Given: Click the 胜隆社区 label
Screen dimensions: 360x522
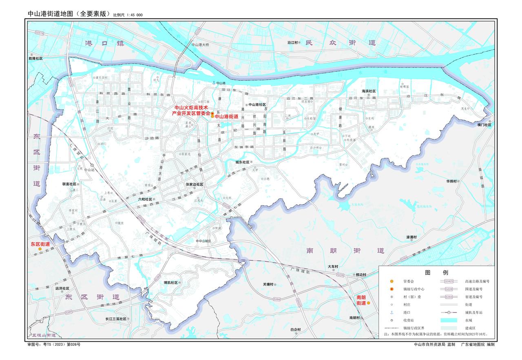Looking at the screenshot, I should point(35,59).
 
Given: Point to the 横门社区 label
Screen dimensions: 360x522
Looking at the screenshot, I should point(484,125).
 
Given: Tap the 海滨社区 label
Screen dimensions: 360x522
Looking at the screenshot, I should point(368,91).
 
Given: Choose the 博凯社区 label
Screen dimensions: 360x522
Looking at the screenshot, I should point(170,283).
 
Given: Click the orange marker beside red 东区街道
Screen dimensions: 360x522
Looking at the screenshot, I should point(40,249).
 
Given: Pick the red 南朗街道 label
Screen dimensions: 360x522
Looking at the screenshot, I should point(361,300).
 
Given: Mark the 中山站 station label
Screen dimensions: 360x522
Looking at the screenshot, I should point(89,170).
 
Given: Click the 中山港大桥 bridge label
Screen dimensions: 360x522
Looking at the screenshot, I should point(200,45).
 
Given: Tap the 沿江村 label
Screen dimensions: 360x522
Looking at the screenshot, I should point(293,42).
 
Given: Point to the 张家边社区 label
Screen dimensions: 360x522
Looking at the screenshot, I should point(194,184).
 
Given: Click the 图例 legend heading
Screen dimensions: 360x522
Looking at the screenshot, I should point(436,272).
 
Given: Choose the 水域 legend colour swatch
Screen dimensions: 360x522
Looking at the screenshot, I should point(451,320).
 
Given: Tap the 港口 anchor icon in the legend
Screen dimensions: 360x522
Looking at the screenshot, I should point(391,312).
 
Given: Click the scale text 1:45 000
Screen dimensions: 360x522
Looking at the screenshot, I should point(134,15).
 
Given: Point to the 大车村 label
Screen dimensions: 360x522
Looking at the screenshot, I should point(333,267).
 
